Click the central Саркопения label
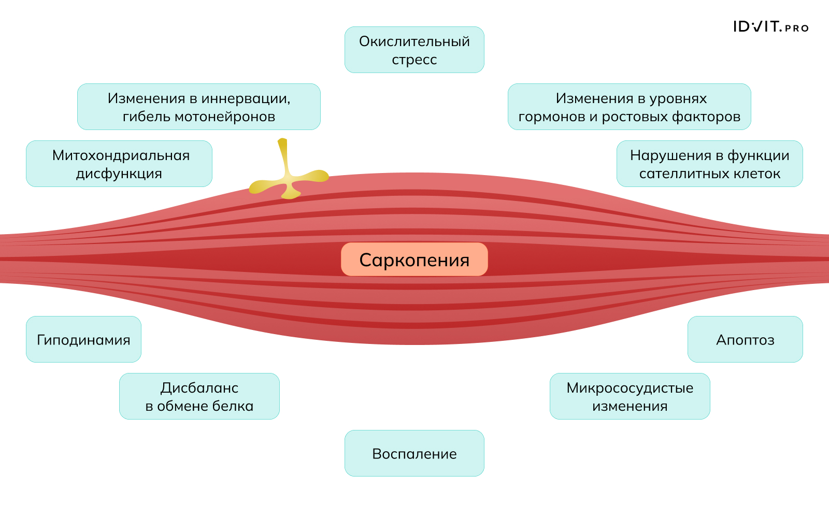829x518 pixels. coord(414,260)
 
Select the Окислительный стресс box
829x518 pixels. coord(414,50)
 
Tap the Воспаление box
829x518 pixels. coord(414,453)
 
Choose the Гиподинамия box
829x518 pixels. coord(83,339)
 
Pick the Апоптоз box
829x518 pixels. coord(745,339)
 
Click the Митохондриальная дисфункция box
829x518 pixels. coord(119,164)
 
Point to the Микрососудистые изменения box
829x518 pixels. coord(630,396)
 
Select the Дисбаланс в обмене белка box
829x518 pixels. coord(199,396)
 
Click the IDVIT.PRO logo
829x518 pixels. coord(770,27)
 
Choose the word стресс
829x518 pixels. coord(414,60)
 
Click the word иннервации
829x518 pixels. coord(247,98)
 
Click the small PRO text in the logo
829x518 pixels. coord(796,28)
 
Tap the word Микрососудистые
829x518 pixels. coord(630,388)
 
